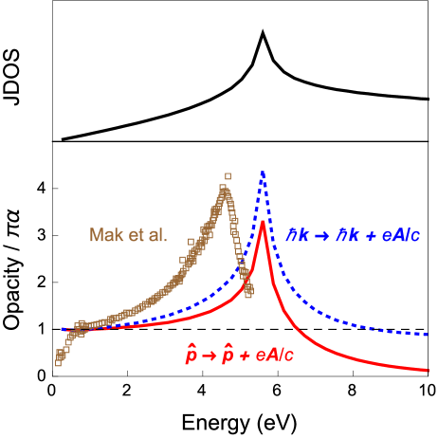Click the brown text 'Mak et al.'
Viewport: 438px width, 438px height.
[x=128, y=235]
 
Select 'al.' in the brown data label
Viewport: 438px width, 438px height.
[x=156, y=235]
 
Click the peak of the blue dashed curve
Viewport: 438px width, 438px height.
[x=263, y=172]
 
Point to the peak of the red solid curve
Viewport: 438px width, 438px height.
[x=263, y=222]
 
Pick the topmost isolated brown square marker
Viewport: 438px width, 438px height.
[x=228, y=175]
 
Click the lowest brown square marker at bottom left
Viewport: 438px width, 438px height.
[x=58, y=362]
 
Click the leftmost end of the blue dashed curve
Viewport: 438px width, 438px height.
[x=63, y=330]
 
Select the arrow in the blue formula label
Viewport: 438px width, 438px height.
[x=322, y=236]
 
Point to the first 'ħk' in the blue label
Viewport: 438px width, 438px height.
[x=299, y=236]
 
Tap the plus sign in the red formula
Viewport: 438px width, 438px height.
[x=247, y=356]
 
